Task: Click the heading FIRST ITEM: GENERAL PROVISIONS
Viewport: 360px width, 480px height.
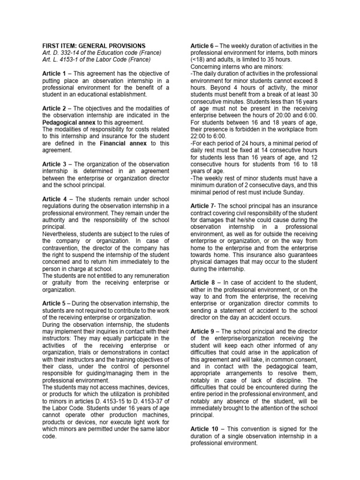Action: point(94,45)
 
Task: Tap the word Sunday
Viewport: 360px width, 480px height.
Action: point(292,192)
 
